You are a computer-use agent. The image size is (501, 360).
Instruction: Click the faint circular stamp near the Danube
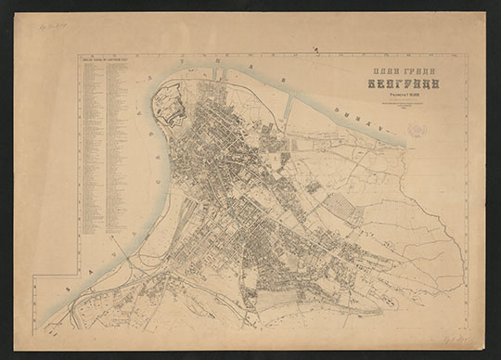[417, 129]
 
